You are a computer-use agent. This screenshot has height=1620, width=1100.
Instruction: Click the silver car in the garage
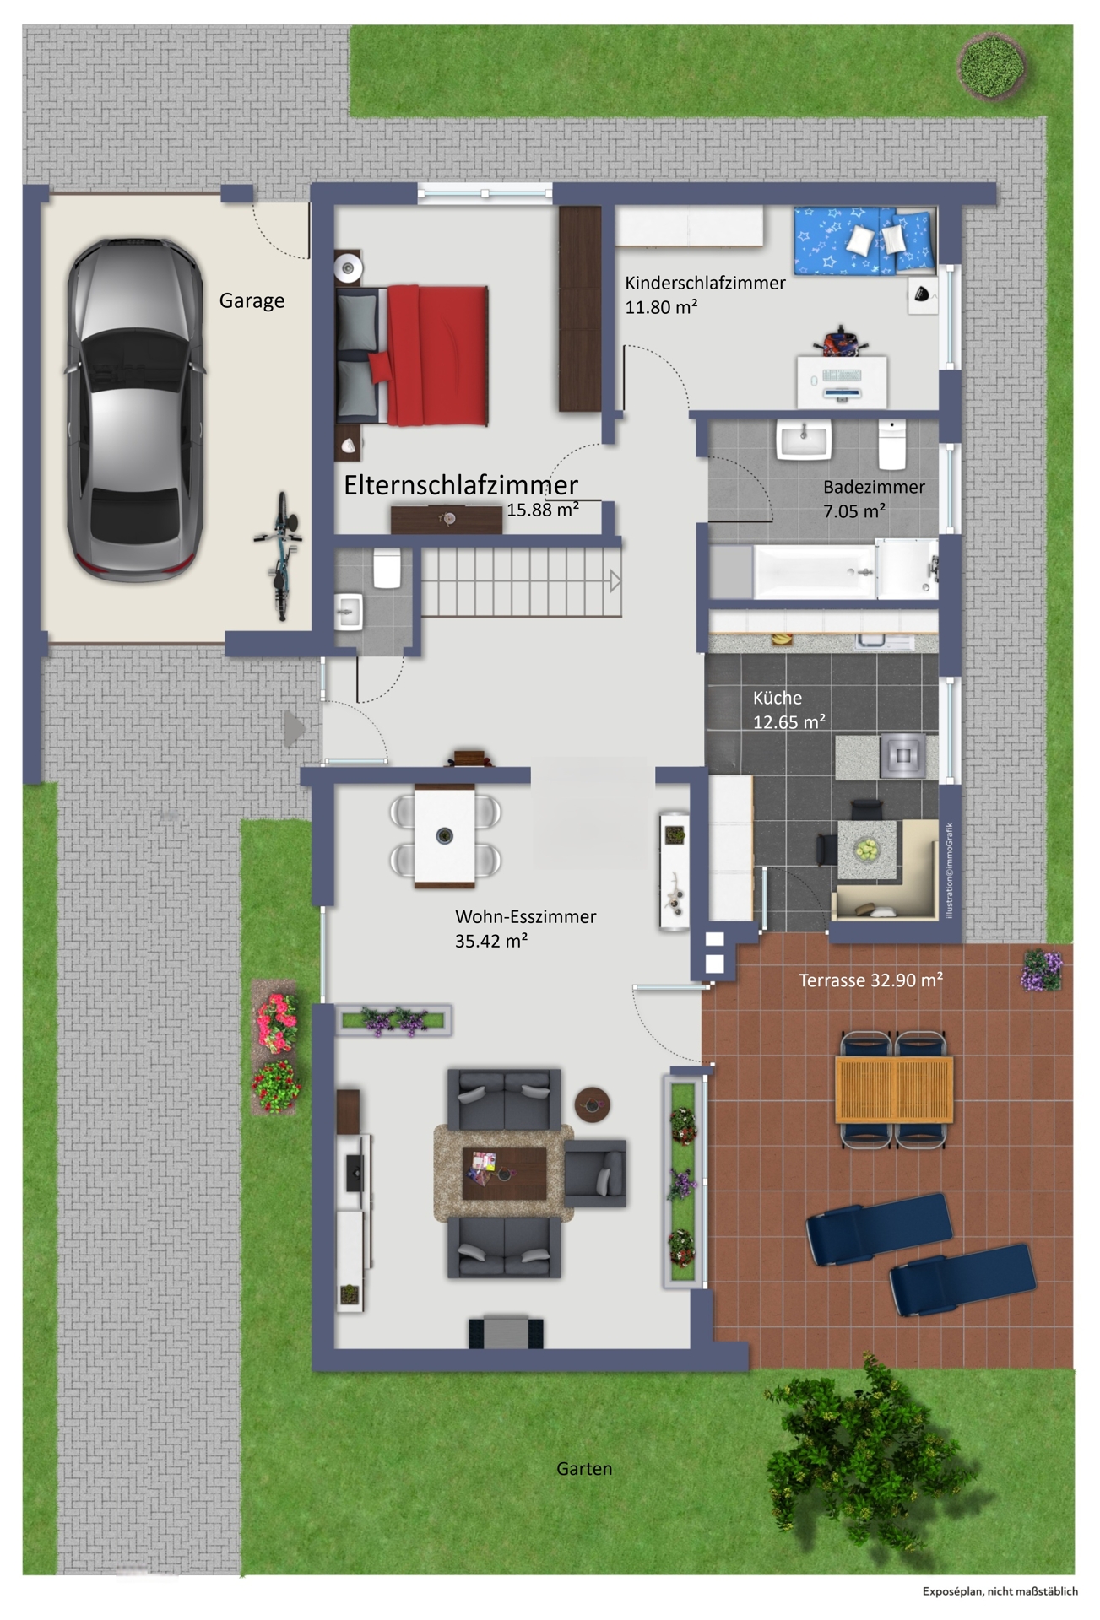[135, 408]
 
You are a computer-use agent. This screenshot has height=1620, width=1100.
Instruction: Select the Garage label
[252, 300]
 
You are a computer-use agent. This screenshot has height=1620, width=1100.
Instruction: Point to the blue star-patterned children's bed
[864, 240]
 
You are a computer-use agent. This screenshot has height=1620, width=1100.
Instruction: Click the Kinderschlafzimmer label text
[705, 283]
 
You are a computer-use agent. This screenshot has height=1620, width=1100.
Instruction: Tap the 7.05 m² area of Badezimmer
[853, 510]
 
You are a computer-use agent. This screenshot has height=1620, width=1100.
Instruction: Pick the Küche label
[777, 698]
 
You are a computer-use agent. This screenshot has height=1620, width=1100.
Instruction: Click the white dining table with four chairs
[445, 836]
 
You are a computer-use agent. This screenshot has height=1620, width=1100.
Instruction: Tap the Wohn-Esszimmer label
[525, 916]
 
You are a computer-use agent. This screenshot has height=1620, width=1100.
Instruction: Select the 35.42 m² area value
[490, 941]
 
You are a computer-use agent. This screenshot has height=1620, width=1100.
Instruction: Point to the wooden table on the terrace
[893, 1089]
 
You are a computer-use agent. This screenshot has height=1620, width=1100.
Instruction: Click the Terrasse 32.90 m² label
[870, 980]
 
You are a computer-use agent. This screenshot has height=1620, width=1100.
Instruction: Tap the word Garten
[584, 1468]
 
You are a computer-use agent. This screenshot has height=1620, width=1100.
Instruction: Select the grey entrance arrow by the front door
[293, 729]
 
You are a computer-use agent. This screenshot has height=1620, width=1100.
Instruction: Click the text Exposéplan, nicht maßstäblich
[1000, 1591]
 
